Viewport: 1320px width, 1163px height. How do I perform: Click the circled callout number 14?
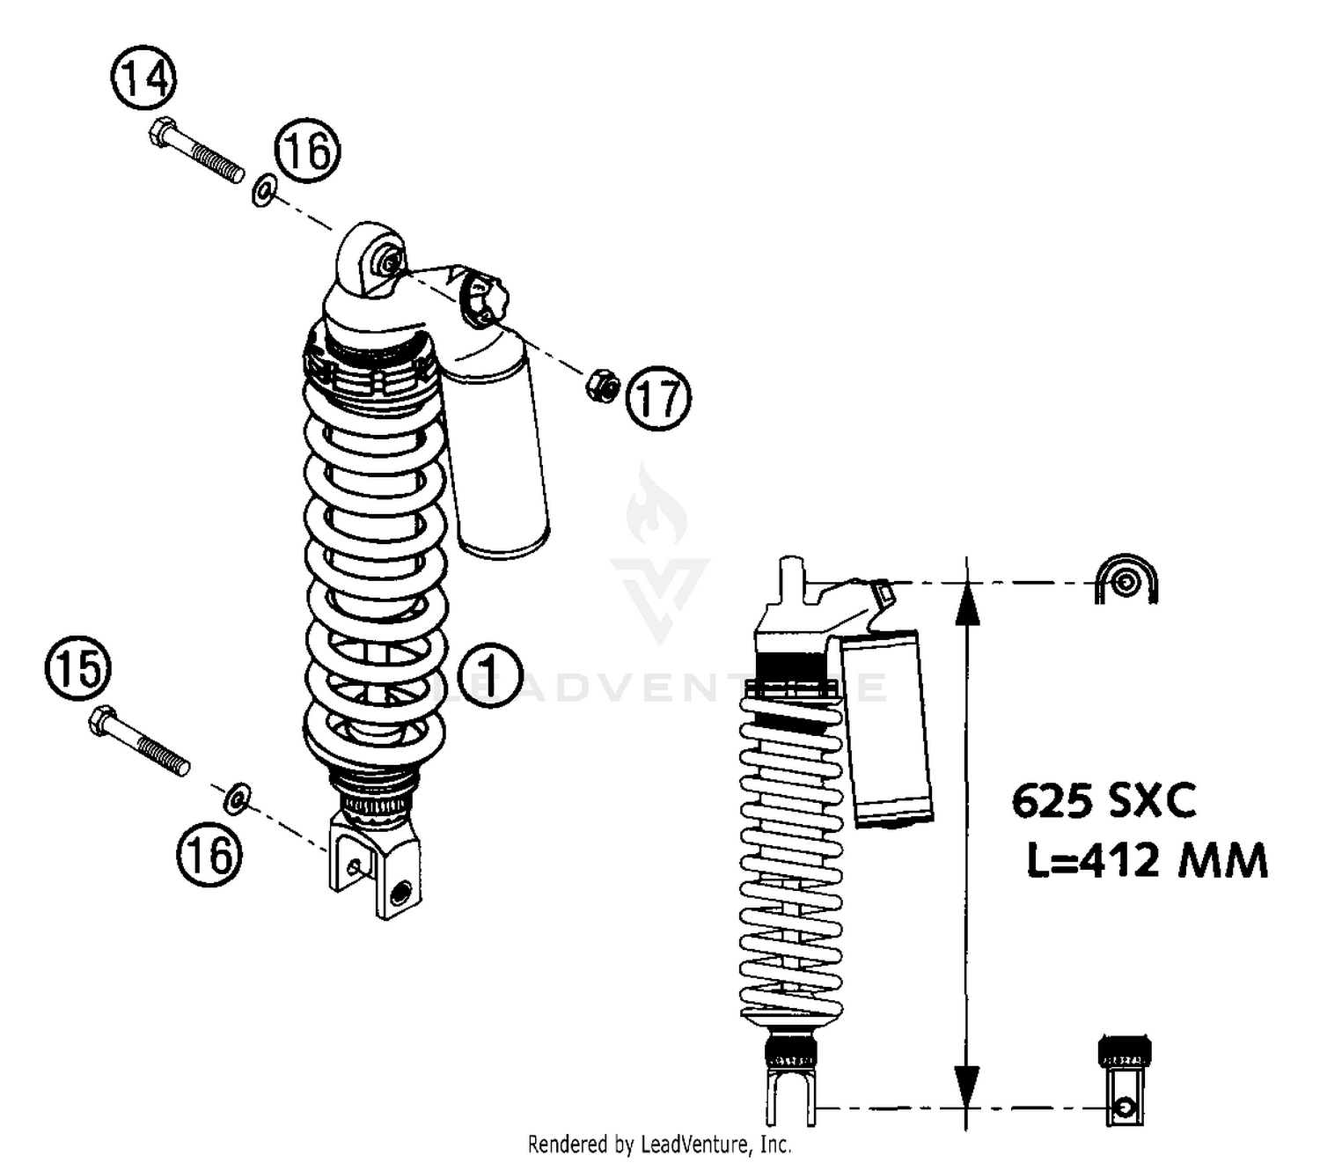[143, 78]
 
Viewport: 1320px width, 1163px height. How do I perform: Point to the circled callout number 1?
[489, 677]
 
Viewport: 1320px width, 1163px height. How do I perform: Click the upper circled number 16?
[307, 151]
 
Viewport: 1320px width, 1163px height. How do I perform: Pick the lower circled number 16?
[209, 854]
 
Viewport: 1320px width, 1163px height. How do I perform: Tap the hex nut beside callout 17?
[603, 386]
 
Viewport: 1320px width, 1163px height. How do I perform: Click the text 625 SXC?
[1104, 801]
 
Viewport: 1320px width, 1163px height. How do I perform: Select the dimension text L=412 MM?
[1147, 860]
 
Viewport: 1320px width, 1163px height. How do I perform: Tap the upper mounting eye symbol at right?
[1126, 581]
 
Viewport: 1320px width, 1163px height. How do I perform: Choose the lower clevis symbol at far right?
[1124, 1083]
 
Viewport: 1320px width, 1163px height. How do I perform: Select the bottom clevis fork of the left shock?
[374, 867]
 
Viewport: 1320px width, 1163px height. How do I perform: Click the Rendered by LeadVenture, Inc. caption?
[659, 1145]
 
